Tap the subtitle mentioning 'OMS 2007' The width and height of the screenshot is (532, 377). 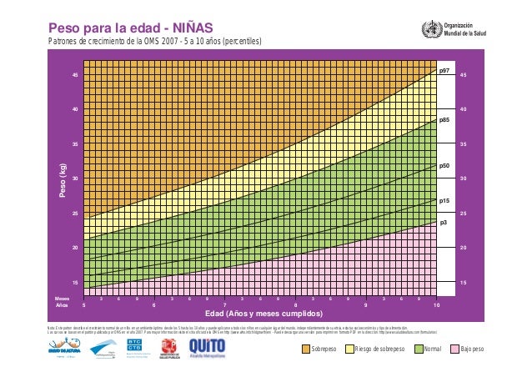click(x=153, y=42)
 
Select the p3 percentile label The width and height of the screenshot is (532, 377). click(x=444, y=223)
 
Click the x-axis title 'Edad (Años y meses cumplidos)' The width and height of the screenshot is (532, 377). click(x=263, y=315)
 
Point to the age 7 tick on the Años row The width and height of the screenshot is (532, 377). click(x=225, y=305)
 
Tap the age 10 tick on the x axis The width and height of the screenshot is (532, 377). click(x=436, y=305)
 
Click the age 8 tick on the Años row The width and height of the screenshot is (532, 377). click(x=295, y=305)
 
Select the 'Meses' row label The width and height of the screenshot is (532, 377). click(x=62, y=298)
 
